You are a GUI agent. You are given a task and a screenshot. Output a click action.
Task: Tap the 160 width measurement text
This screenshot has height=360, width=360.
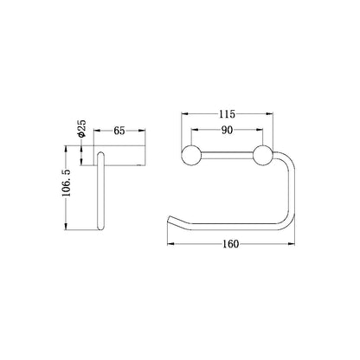click(228, 244)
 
